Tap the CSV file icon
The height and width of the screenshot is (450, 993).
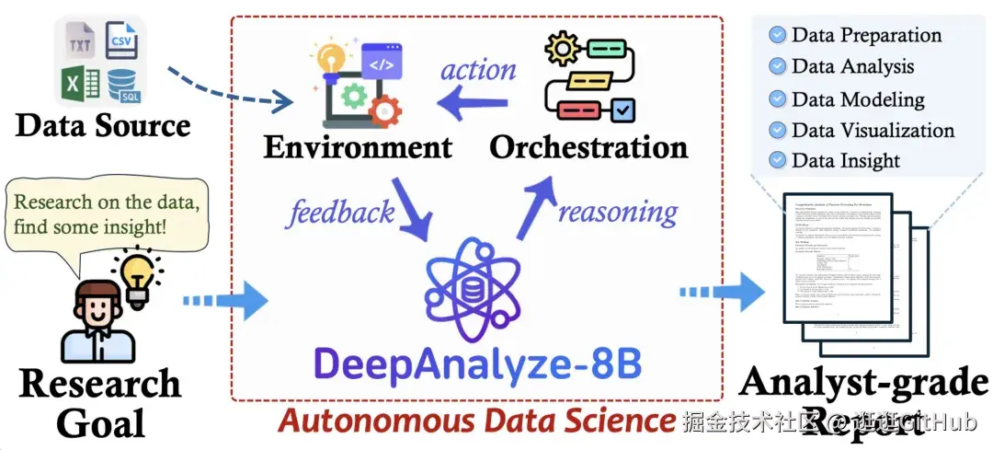(x=122, y=40)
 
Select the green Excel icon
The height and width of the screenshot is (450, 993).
(x=81, y=86)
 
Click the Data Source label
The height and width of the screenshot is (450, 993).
(x=103, y=125)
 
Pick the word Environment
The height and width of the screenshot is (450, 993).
(x=359, y=146)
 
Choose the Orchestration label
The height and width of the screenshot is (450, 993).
(x=588, y=146)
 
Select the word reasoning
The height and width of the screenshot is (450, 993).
(x=618, y=213)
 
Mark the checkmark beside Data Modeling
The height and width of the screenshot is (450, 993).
(x=778, y=98)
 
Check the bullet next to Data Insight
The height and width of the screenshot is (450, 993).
(x=778, y=160)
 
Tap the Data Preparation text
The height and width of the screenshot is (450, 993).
(x=866, y=35)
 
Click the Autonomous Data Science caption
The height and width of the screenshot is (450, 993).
(x=476, y=421)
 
